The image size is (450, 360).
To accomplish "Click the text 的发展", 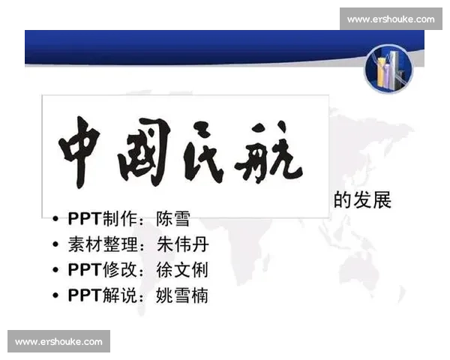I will (x=363, y=200).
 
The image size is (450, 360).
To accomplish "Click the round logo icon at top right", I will (x=388, y=67).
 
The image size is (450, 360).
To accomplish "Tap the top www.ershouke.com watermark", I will (x=390, y=19).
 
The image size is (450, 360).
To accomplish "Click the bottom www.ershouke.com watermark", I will (x=59, y=341).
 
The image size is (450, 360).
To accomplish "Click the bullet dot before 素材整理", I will (x=56, y=245).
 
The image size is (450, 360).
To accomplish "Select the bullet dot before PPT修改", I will (x=56, y=271).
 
